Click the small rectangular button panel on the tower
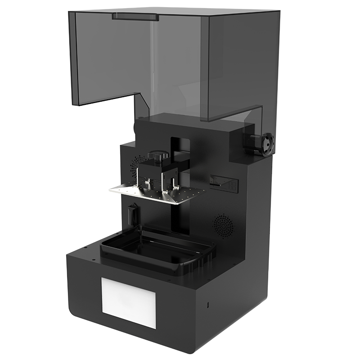(224, 182)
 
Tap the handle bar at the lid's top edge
(135, 17)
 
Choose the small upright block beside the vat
(132, 213)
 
